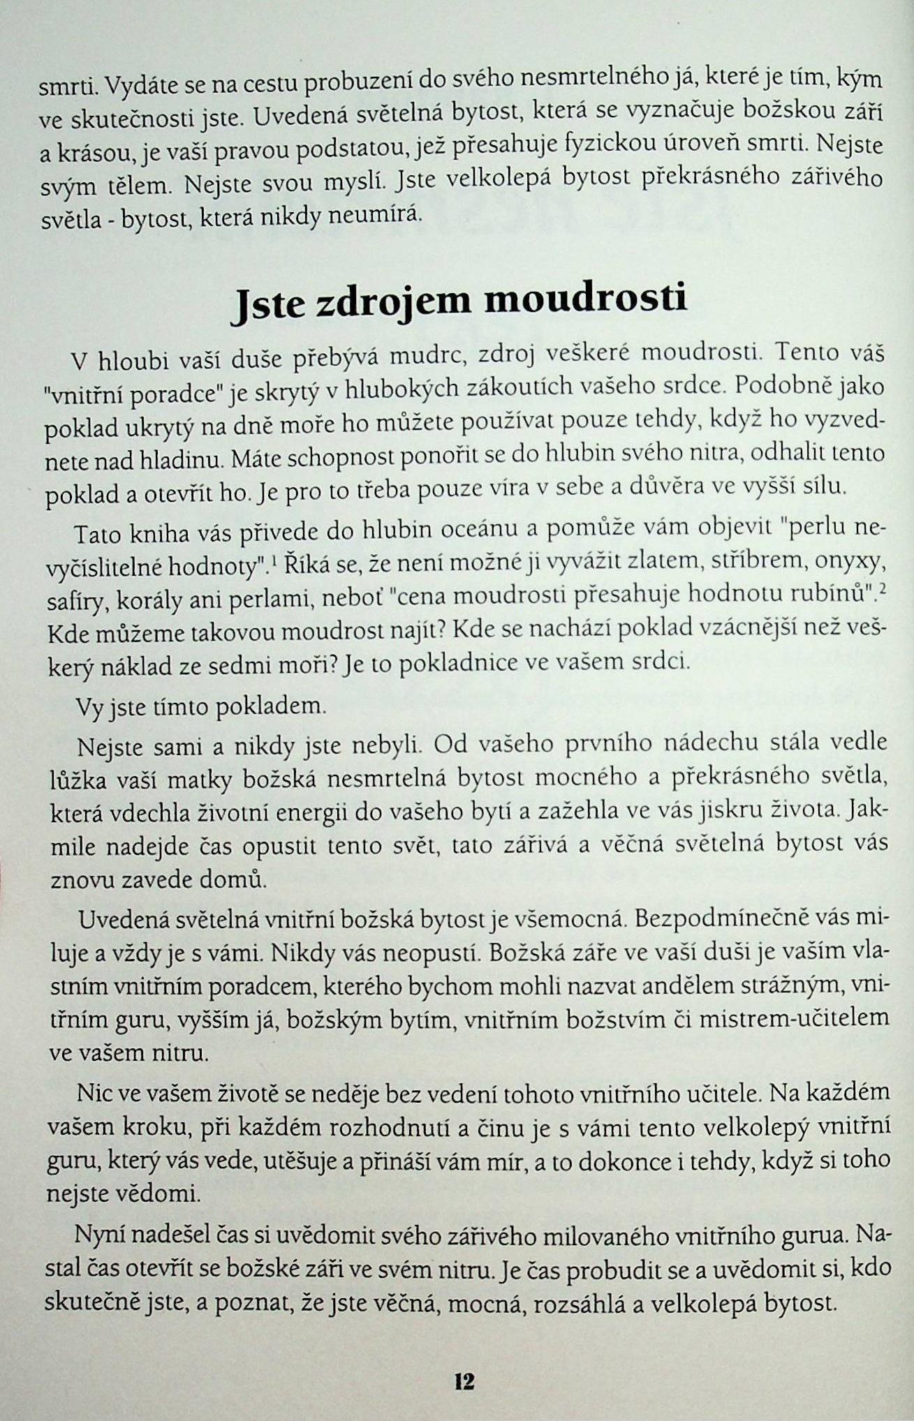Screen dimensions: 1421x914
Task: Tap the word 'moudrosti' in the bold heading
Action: point(585,298)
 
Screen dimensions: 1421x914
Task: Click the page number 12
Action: point(464,1381)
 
